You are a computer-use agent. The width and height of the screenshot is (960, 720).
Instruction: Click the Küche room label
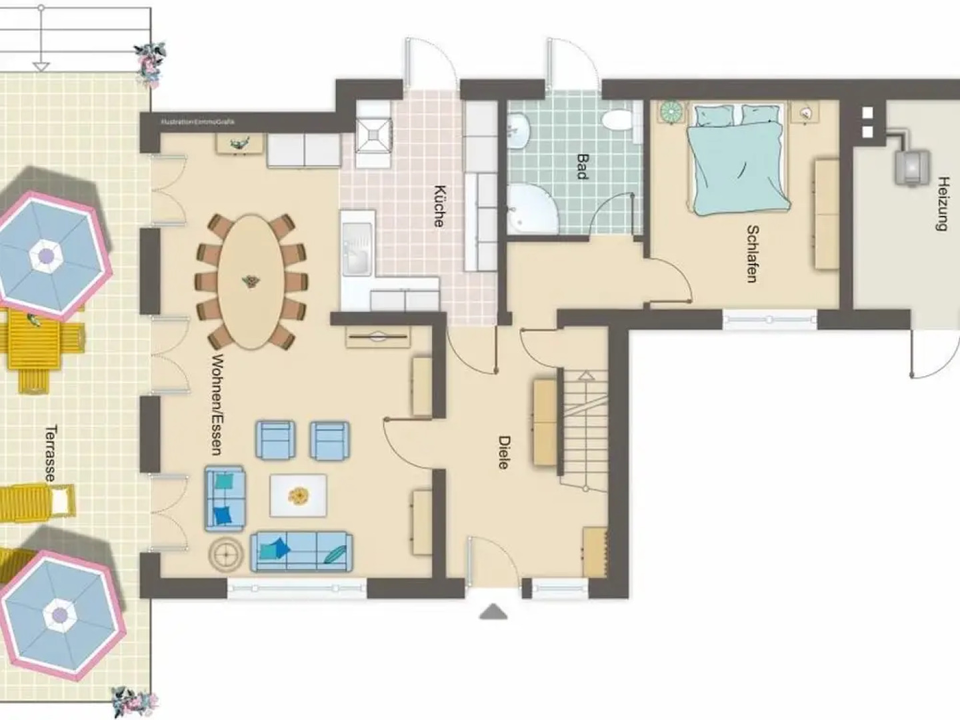438,206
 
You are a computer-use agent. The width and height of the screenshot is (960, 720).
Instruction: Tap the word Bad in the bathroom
582,166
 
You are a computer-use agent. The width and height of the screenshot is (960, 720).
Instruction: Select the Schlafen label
752,254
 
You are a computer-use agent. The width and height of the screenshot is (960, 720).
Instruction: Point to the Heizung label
942,203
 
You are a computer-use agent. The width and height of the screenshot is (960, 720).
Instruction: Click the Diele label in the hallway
504,452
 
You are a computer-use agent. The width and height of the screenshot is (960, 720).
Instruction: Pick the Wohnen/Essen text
215,404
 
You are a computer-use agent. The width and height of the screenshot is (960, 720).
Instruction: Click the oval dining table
251,281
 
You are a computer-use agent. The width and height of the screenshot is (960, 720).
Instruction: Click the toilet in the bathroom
617,121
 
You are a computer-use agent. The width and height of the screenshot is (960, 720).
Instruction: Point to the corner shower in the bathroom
530,210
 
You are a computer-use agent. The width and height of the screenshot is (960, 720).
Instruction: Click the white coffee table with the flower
298,495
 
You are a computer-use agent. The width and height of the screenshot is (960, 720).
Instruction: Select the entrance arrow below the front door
493,611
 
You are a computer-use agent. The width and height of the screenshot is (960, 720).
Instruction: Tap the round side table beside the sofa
227,553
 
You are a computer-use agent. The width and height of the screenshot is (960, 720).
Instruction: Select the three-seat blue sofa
301,551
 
